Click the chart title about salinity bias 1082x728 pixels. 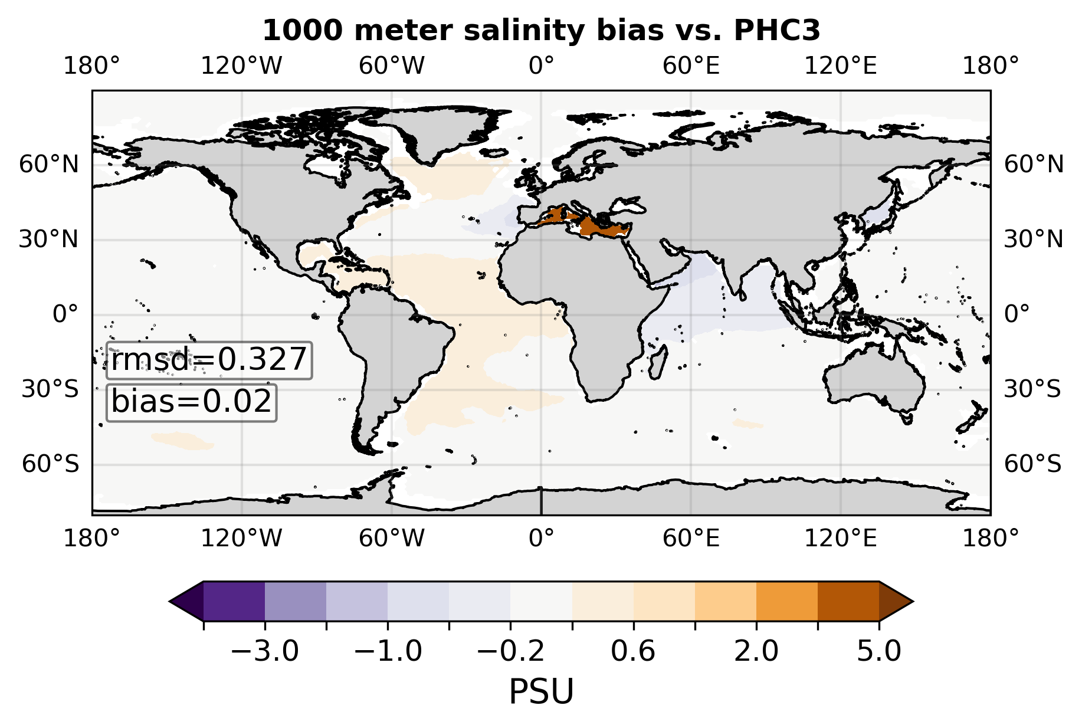(x=541, y=31)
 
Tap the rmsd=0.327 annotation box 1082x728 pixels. (x=209, y=360)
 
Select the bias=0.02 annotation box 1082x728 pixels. (x=191, y=402)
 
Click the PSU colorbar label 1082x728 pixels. (x=541, y=691)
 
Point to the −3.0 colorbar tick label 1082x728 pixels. (x=265, y=652)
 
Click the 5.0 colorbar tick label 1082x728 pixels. (x=879, y=652)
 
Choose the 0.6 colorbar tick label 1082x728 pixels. (x=633, y=652)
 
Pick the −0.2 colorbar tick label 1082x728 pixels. (x=510, y=652)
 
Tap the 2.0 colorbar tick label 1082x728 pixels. (x=756, y=652)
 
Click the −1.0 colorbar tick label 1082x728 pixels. (x=388, y=652)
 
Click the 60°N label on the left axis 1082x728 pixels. (x=49, y=165)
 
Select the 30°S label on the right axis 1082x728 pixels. (x=1032, y=389)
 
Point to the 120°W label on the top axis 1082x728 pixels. (x=242, y=66)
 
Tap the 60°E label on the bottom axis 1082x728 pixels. (x=691, y=538)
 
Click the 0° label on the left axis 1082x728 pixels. (x=65, y=314)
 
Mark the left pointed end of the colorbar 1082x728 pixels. (x=170, y=601)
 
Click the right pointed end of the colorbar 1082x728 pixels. (x=913, y=601)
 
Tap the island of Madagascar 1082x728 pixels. (x=658, y=361)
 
